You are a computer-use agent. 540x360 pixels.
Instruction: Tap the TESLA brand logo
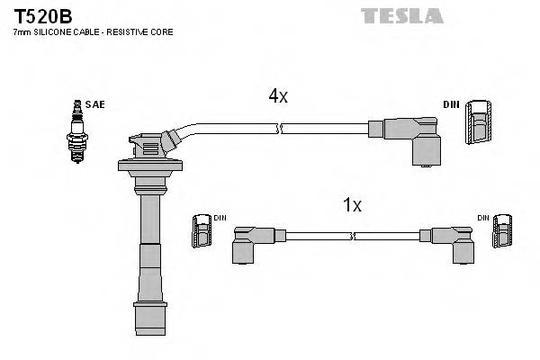pos(401,14)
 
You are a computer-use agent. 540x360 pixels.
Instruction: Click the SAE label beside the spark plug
pos(97,105)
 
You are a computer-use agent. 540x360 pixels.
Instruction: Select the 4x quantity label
pos(277,95)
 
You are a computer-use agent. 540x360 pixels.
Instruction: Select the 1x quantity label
pos(352,205)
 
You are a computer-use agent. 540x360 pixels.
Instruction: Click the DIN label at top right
pos(450,105)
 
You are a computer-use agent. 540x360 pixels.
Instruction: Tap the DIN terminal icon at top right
pos(478,121)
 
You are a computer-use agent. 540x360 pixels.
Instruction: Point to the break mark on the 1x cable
pos(354,236)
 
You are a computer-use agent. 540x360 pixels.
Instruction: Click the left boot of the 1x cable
pos(247,243)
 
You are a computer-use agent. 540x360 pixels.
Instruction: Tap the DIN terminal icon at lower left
pos(202,233)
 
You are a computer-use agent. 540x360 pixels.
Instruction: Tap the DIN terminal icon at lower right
pos(499,233)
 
